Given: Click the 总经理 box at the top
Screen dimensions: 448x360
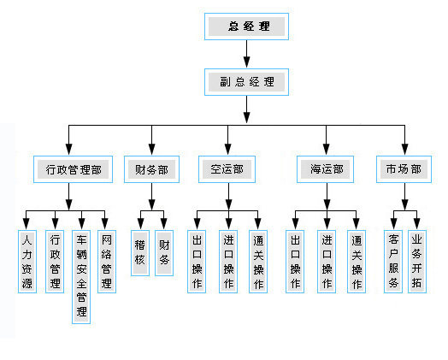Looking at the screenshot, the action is [x=246, y=27].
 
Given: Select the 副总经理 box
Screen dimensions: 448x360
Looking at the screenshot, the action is [x=246, y=82].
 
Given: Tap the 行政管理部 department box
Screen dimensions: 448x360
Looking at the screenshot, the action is [x=74, y=169].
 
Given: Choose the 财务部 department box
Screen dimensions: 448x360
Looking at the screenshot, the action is [x=151, y=169].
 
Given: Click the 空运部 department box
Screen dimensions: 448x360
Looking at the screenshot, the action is [x=227, y=169].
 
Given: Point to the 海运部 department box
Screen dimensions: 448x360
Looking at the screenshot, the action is [x=325, y=169].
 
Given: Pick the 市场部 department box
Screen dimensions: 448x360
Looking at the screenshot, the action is [x=404, y=169].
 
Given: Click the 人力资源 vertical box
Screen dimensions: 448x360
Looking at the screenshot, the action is [x=27, y=262].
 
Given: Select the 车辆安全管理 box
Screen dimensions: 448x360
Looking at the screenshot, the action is [x=81, y=277].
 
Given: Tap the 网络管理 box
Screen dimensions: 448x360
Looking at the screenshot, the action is [x=107, y=262].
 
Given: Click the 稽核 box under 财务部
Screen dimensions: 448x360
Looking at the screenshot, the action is [x=140, y=253].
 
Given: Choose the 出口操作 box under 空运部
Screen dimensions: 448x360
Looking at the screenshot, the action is [x=197, y=262].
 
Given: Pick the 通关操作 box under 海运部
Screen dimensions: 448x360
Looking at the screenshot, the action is [x=357, y=262].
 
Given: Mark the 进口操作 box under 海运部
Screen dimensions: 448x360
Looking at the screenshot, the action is [x=327, y=262].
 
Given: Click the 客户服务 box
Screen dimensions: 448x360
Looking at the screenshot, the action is [x=393, y=262].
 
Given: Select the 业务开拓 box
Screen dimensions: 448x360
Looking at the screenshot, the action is [x=417, y=262].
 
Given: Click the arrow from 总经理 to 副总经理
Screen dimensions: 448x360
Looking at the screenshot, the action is [x=246, y=54].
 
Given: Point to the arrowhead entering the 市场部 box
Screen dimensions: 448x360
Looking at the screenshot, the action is [x=404, y=149].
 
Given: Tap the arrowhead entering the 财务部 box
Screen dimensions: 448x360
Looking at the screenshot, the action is [x=151, y=149].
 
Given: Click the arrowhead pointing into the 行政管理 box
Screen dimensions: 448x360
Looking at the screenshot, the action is [x=55, y=223].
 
